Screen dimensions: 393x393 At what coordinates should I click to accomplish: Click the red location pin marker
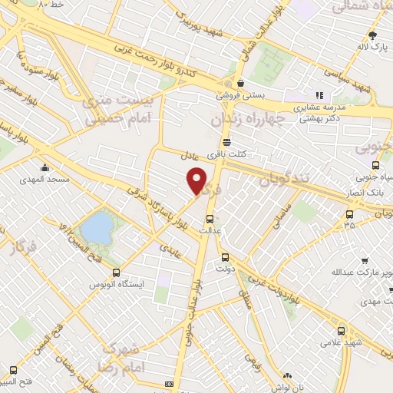click(197, 180)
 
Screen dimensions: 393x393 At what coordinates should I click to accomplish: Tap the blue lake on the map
click(96, 227)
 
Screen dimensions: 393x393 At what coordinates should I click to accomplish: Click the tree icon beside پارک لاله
click(373, 35)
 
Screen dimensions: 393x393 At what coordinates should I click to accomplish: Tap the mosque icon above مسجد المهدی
click(45, 168)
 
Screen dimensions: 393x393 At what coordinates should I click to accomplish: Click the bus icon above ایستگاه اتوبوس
click(116, 272)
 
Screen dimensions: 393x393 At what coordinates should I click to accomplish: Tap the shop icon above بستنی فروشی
click(241, 83)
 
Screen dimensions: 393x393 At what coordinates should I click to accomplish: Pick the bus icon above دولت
click(225, 258)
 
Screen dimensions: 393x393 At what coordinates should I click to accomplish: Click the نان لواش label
click(286, 388)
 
